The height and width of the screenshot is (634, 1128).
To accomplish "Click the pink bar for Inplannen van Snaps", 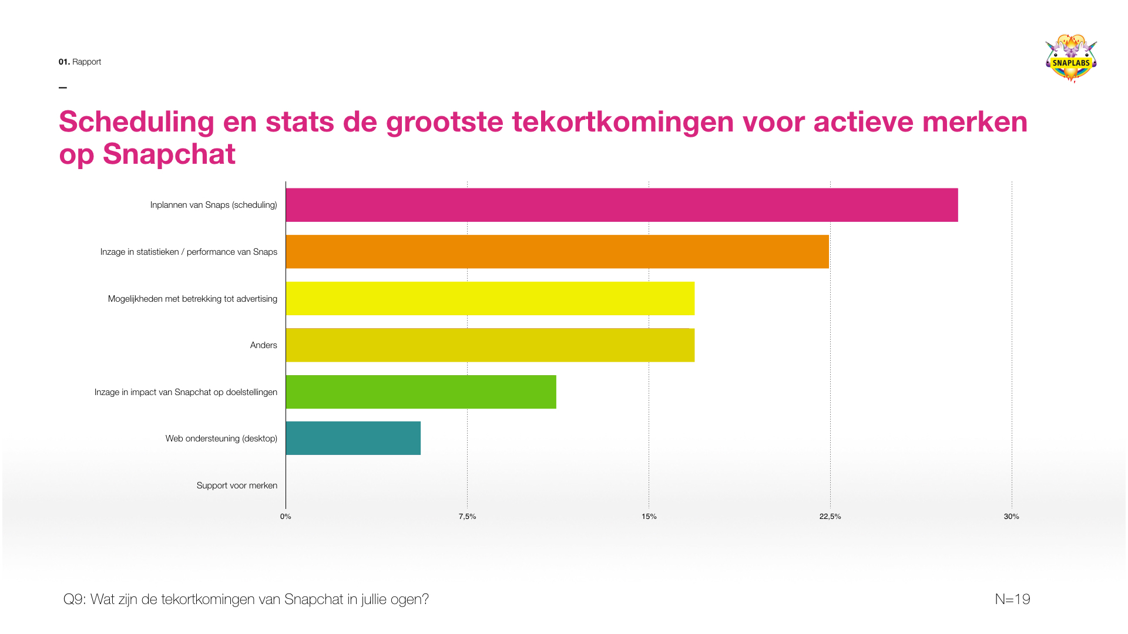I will [622, 205].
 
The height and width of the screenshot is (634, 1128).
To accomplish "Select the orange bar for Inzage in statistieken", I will [557, 252].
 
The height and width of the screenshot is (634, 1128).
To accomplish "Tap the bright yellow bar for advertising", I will [490, 298].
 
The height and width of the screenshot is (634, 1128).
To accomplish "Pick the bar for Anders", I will [490, 345].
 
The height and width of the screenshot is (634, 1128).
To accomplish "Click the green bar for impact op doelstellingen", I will [421, 392].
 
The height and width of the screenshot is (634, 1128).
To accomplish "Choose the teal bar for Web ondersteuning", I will [353, 438].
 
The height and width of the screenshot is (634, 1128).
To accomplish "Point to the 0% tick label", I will [286, 517].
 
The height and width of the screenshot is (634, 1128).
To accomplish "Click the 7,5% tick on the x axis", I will [467, 517].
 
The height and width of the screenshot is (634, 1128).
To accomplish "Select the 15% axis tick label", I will [649, 517].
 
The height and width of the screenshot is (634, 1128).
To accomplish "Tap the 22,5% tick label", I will [830, 517].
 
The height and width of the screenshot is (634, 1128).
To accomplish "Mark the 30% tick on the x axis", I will [1011, 517].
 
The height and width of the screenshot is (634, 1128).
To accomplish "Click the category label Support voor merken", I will [237, 485].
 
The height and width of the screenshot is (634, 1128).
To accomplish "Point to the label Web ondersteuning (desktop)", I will [221, 439].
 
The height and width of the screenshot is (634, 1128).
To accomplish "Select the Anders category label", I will [263, 345].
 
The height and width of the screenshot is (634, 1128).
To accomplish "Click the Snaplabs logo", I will [1071, 59].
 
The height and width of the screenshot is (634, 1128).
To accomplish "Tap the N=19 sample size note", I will [1012, 599].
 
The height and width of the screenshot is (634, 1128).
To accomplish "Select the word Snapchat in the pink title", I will [169, 154].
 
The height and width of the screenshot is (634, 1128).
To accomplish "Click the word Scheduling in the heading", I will [136, 122].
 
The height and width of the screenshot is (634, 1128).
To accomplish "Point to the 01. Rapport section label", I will [80, 62].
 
